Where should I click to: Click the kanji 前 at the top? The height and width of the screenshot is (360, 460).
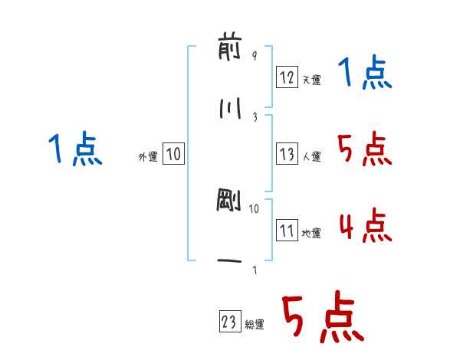coord(230,49)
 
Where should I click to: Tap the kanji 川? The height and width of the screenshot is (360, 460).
coord(230,108)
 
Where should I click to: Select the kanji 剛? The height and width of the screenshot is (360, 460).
coord(228,200)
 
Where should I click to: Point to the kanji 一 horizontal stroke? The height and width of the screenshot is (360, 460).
coord(229,261)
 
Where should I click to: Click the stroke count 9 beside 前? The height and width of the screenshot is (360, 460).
coord(255,55)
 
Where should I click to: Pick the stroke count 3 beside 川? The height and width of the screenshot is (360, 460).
coord(255,117)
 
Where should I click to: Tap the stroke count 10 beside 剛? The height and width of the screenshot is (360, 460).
coord(254,209)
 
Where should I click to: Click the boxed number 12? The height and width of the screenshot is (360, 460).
coord(287,77)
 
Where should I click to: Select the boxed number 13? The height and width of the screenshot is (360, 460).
coord(287,154)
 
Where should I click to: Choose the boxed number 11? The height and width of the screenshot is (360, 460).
coord(287,230)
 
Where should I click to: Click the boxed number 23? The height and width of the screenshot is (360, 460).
coord(230,321)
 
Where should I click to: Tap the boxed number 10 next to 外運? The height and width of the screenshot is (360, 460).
coord(173,153)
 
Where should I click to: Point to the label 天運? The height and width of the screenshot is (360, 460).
coord(311,80)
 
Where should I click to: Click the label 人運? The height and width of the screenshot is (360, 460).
coord(311,156)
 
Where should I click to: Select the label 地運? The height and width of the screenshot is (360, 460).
coord(311,233)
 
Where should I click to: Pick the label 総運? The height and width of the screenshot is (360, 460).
coord(255,324)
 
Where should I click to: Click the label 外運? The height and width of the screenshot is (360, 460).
coord(148,156)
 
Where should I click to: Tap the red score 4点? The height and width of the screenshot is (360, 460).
coord(366,225)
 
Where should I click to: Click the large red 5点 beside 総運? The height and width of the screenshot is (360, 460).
coord(323,316)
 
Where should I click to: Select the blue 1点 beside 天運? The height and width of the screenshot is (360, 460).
coord(365,72)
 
